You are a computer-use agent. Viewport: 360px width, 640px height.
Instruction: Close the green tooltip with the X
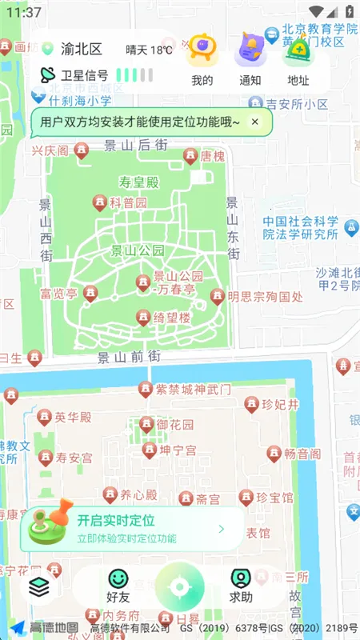tap(254, 122)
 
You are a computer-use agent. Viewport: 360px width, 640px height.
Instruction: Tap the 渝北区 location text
tap(83, 50)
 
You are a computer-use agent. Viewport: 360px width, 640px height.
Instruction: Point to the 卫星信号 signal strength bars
tap(134, 75)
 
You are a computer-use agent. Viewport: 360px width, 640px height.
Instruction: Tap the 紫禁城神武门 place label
tap(194, 390)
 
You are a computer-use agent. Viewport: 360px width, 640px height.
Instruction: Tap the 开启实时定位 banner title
tap(116, 521)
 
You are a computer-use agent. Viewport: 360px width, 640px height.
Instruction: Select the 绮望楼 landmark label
tap(172, 318)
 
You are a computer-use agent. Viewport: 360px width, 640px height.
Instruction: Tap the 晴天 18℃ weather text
tap(150, 50)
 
